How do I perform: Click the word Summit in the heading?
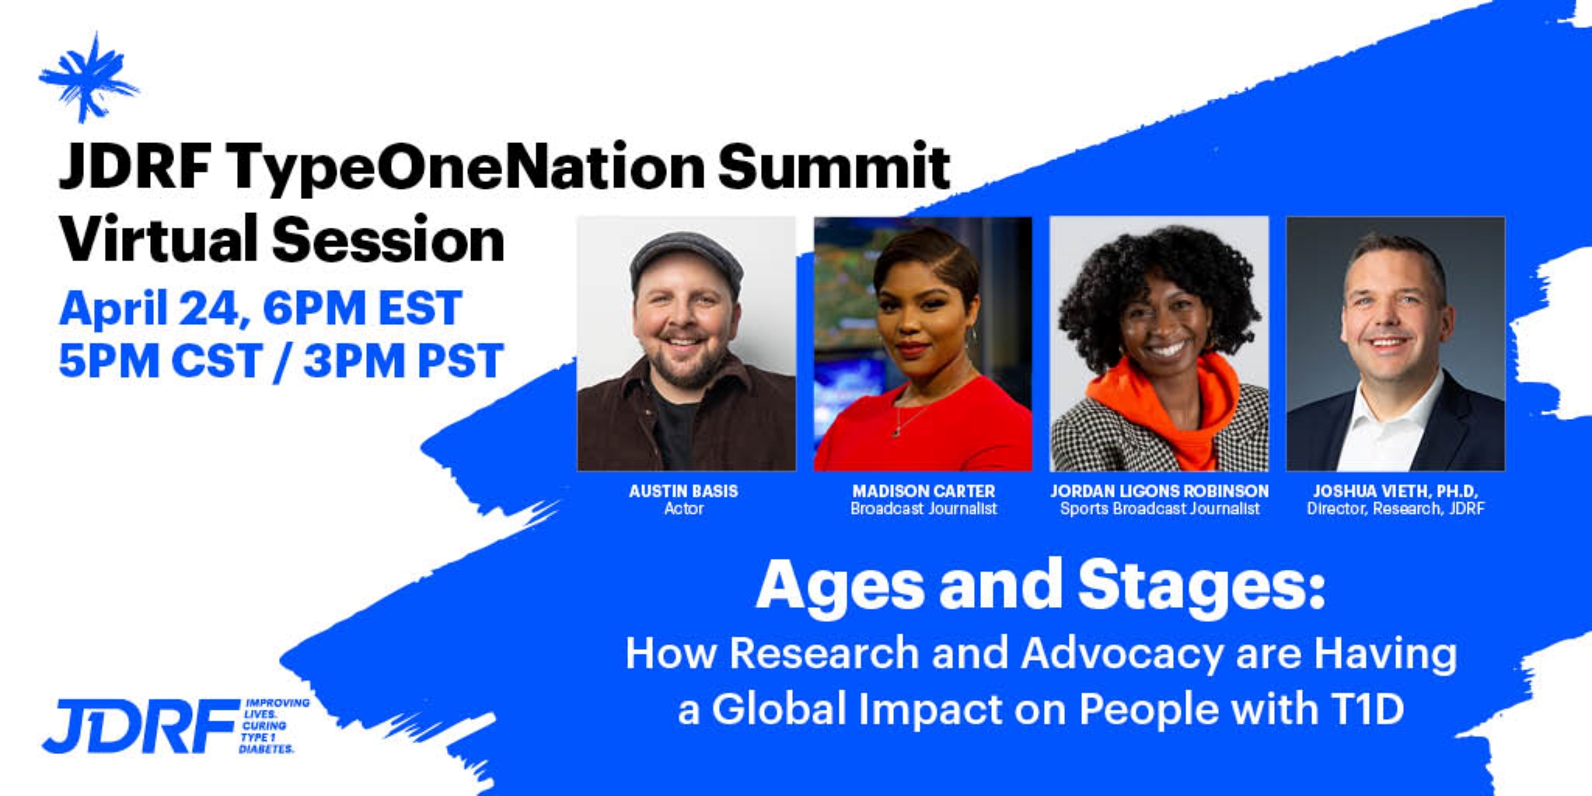[x=834, y=166]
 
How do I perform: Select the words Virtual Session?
[x=282, y=239]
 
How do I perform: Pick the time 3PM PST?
[x=403, y=361]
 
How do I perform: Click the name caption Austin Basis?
[x=683, y=491]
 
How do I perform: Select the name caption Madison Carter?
[x=923, y=491]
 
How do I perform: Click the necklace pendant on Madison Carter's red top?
[x=898, y=430]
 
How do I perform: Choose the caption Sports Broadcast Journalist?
[x=1160, y=509]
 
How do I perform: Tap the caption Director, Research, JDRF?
[x=1395, y=509]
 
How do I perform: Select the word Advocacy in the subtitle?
[x=1122, y=655]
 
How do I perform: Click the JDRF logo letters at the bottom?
[x=140, y=727]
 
